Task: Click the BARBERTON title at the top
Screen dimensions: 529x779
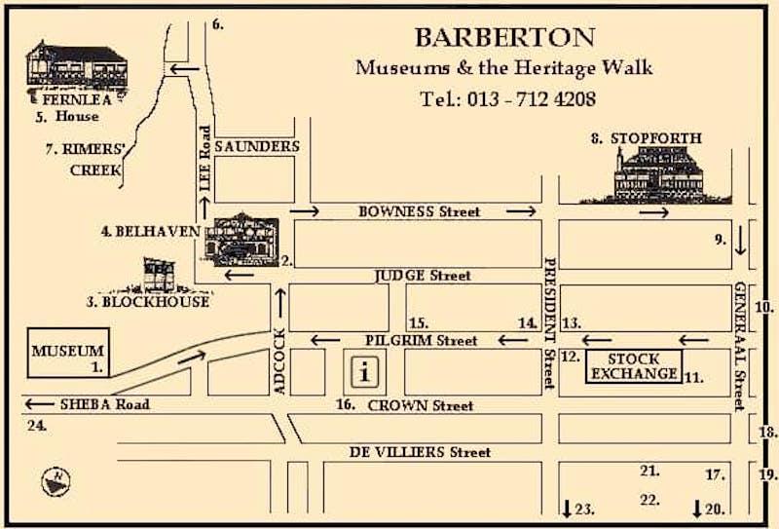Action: [x=504, y=38]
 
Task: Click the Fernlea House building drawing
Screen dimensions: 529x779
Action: [x=76, y=66]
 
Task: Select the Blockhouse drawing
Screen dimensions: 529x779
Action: [x=159, y=275]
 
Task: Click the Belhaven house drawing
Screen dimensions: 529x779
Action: [x=242, y=239]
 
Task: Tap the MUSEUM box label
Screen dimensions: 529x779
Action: [x=67, y=351]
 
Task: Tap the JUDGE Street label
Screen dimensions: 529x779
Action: [x=423, y=276]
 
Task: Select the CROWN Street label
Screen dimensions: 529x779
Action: [x=418, y=405]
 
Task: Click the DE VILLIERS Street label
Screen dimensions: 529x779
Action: [x=422, y=452]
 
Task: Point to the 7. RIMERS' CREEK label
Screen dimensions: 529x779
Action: [x=83, y=160]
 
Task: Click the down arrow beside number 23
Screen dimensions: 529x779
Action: [x=567, y=508]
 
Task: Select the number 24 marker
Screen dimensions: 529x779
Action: [x=37, y=425]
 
